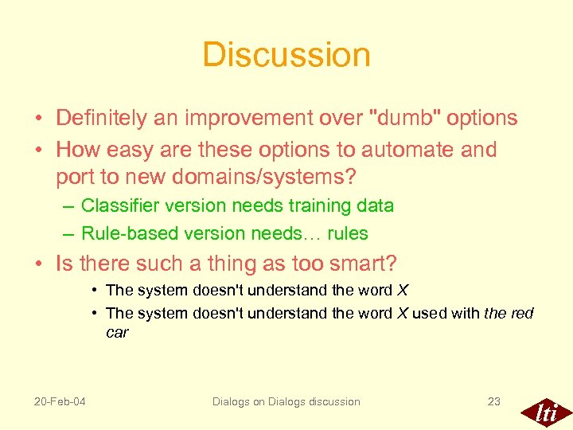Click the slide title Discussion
[x=286, y=55]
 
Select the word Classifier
[x=116, y=205]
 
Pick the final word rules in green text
[x=347, y=233]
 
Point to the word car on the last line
[x=117, y=332]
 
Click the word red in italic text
[x=522, y=313]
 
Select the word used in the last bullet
[x=430, y=313]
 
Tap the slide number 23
[x=494, y=401]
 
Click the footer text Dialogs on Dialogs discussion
[x=286, y=401]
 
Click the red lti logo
[x=545, y=412]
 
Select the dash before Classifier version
[x=70, y=205]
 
